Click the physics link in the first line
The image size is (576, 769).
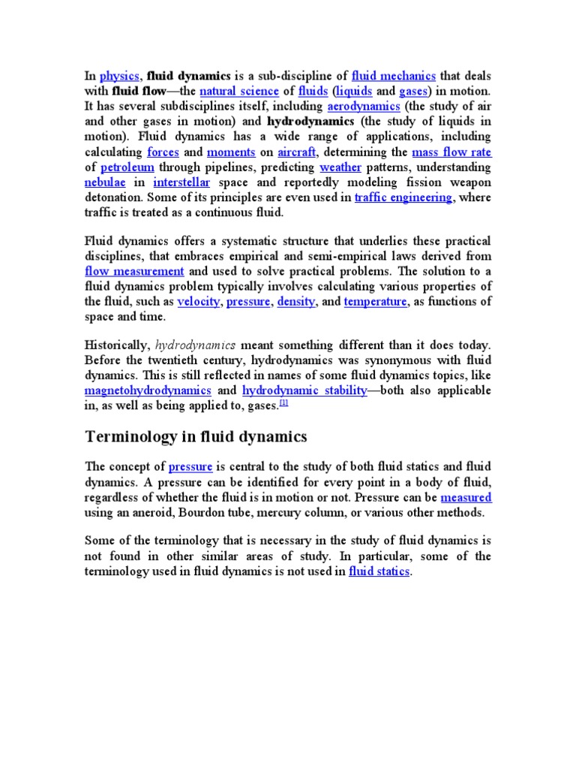tap(120, 76)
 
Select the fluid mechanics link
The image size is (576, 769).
tap(393, 76)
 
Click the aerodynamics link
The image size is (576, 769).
tap(364, 106)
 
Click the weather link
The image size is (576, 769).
tap(342, 167)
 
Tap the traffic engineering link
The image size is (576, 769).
tap(403, 197)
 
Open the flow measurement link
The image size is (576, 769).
tap(134, 271)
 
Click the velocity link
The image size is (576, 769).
tap(199, 301)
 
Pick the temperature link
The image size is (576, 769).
tap(375, 301)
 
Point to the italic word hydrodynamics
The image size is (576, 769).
tap(195, 345)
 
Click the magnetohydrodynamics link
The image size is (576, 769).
tap(148, 391)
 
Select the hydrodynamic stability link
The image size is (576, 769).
tap(304, 391)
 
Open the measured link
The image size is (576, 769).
tap(466, 497)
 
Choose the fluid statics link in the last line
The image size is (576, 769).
tap(379, 571)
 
